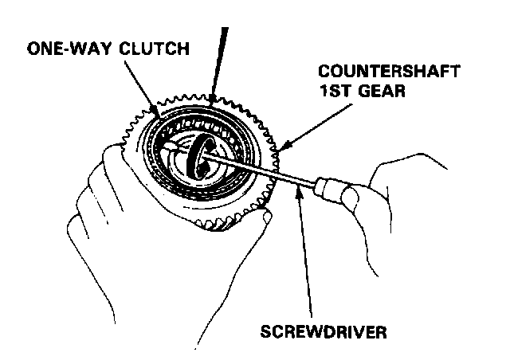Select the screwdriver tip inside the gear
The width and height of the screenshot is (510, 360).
coord(171,148)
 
